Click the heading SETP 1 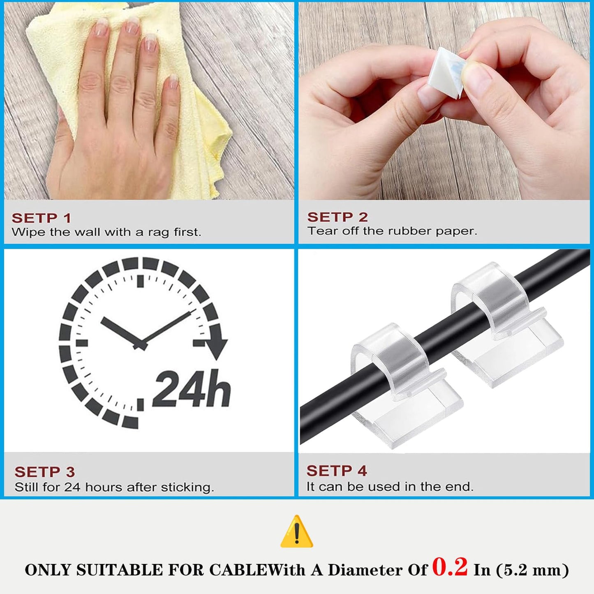tap(41, 218)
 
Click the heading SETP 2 tap(337, 217)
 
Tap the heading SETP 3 tap(44, 472)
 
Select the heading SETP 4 tap(336, 471)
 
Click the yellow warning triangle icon tap(297, 532)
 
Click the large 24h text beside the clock tap(192, 389)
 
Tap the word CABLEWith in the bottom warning tap(257, 570)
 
